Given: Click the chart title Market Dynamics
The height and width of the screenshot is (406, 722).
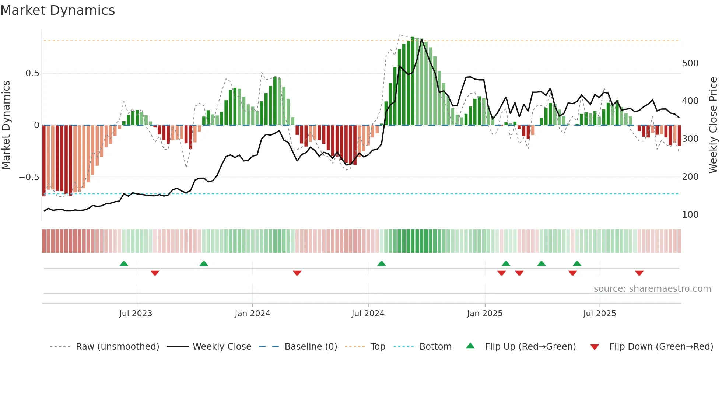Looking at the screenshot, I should pyautogui.click(x=58, y=10).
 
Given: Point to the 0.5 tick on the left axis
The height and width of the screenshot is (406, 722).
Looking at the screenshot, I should pyautogui.click(x=32, y=73).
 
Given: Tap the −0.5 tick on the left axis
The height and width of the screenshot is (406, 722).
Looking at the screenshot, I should pyautogui.click(x=29, y=177).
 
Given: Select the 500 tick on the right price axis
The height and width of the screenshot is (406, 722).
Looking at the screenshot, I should pyautogui.click(x=690, y=63).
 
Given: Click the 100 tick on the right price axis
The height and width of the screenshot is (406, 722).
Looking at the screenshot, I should pyautogui.click(x=690, y=215).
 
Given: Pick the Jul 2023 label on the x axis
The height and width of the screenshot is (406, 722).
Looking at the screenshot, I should pyautogui.click(x=136, y=314).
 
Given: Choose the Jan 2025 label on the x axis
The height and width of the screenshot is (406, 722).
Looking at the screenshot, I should pyautogui.click(x=484, y=314).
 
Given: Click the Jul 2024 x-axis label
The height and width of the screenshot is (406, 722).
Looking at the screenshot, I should pyautogui.click(x=368, y=314).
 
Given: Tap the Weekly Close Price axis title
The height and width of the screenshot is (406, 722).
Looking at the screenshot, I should pyautogui.click(x=713, y=125).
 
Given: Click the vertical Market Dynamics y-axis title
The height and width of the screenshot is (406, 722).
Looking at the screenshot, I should pyautogui.click(x=6, y=125).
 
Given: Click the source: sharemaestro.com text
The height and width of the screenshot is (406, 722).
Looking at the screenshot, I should pyautogui.click(x=652, y=289).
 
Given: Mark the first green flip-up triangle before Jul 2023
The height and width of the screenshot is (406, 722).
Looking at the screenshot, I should pyautogui.click(x=124, y=263).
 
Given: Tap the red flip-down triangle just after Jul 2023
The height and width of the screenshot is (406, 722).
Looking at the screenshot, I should pyautogui.click(x=155, y=273).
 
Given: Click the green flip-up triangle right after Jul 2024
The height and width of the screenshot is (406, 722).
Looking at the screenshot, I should pyautogui.click(x=381, y=263).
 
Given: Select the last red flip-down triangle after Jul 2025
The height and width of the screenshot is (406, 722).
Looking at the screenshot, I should pyautogui.click(x=639, y=273).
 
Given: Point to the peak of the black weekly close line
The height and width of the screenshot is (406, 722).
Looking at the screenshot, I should pyautogui.click(x=421, y=39).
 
